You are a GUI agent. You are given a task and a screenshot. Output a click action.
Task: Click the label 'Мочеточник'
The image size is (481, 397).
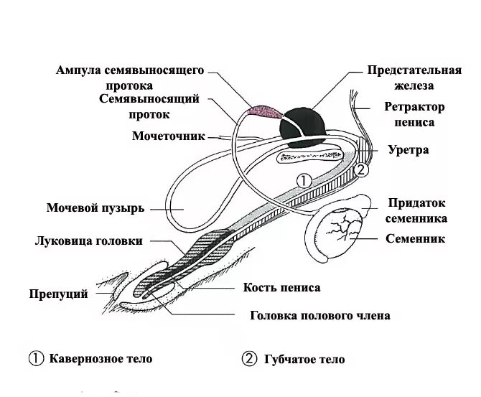[168, 136]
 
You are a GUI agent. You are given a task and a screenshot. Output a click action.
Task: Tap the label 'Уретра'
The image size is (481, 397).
[408, 150]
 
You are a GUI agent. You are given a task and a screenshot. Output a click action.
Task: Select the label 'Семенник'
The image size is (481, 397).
[415, 238]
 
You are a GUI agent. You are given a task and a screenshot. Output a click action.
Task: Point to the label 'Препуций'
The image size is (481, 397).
[59, 294]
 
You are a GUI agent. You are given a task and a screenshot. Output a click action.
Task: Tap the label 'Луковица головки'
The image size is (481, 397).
[88, 241]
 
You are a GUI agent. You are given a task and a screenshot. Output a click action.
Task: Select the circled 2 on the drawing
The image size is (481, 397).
[361, 170]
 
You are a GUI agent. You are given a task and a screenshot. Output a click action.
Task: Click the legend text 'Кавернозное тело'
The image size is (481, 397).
[101, 358]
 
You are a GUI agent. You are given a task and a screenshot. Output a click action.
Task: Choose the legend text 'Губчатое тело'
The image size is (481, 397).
[303, 359]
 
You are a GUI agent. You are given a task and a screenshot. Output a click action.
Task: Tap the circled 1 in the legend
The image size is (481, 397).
[35, 358]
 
